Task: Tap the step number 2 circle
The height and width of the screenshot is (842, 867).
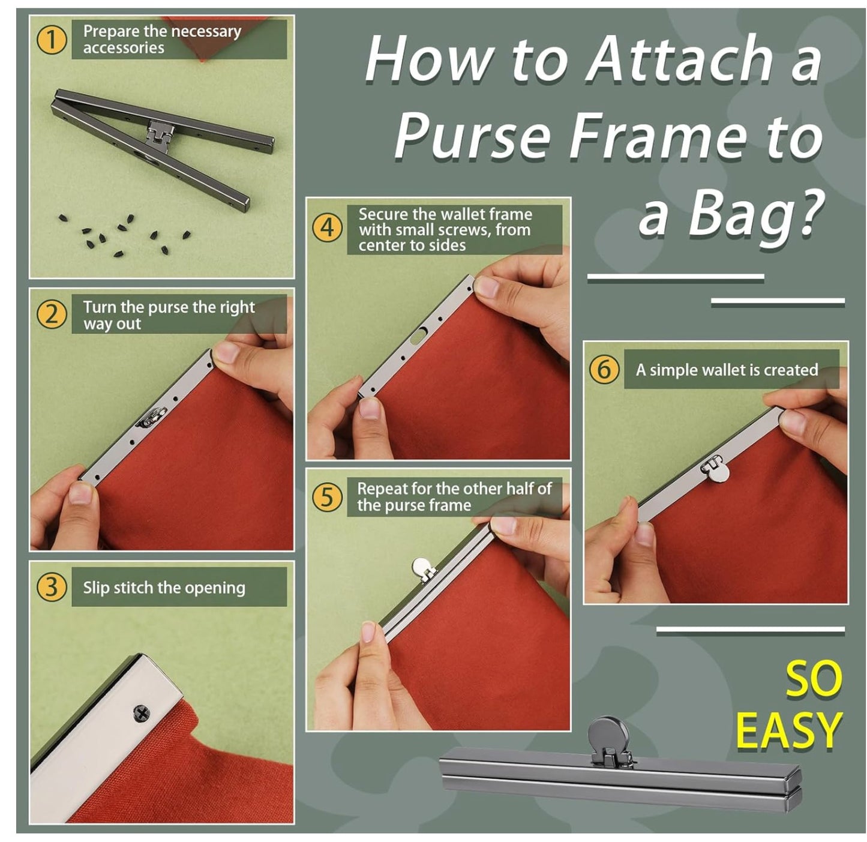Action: tap(52, 314)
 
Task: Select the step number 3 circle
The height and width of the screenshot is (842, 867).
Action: tap(52, 586)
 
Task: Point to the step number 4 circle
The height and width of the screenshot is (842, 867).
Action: tap(328, 228)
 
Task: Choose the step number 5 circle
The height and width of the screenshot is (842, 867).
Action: tap(328, 496)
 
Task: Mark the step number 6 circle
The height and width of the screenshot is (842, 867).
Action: tap(604, 369)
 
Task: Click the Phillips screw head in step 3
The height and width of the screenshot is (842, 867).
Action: tap(142, 713)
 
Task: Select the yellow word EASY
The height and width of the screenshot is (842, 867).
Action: tap(788, 731)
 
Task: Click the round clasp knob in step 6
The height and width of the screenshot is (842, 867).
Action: tap(718, 473)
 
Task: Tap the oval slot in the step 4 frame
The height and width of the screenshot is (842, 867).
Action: tap(418, 335)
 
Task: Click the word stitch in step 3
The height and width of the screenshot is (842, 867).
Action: tap(134, 588)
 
